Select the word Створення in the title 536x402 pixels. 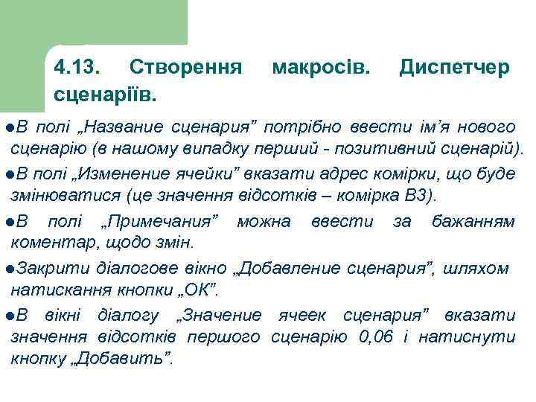185,68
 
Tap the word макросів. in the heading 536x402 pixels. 320,68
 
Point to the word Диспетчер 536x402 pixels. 454,68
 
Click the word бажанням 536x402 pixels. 473,221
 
